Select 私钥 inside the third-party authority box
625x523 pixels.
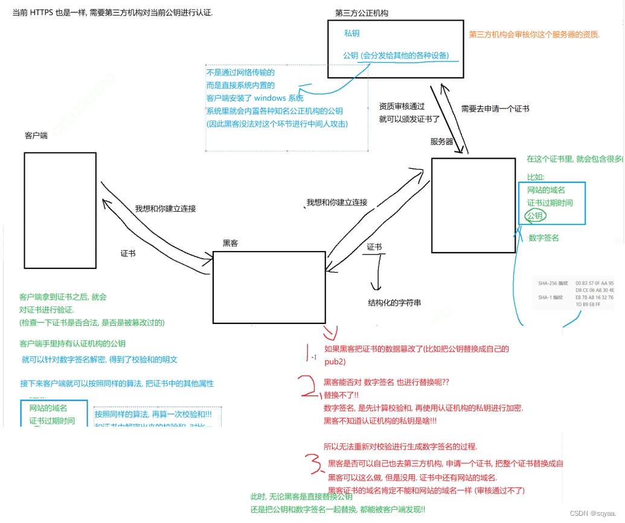[x=352, y=34]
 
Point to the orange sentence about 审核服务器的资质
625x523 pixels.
[x=534, y=34]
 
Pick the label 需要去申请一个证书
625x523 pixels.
[x=495, y=109]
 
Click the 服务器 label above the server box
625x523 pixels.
[x=442, y=142]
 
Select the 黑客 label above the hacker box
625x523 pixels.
[x=230, y=243]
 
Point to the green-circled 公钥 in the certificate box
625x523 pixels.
[x=534, y=215]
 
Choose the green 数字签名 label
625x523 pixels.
[x=543, y=238]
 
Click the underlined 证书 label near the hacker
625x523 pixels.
[x=374, y=247]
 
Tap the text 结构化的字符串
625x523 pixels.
[x=394, y=302]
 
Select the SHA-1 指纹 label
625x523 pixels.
[x=550, y=297]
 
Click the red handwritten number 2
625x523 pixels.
[x=308, y=387]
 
